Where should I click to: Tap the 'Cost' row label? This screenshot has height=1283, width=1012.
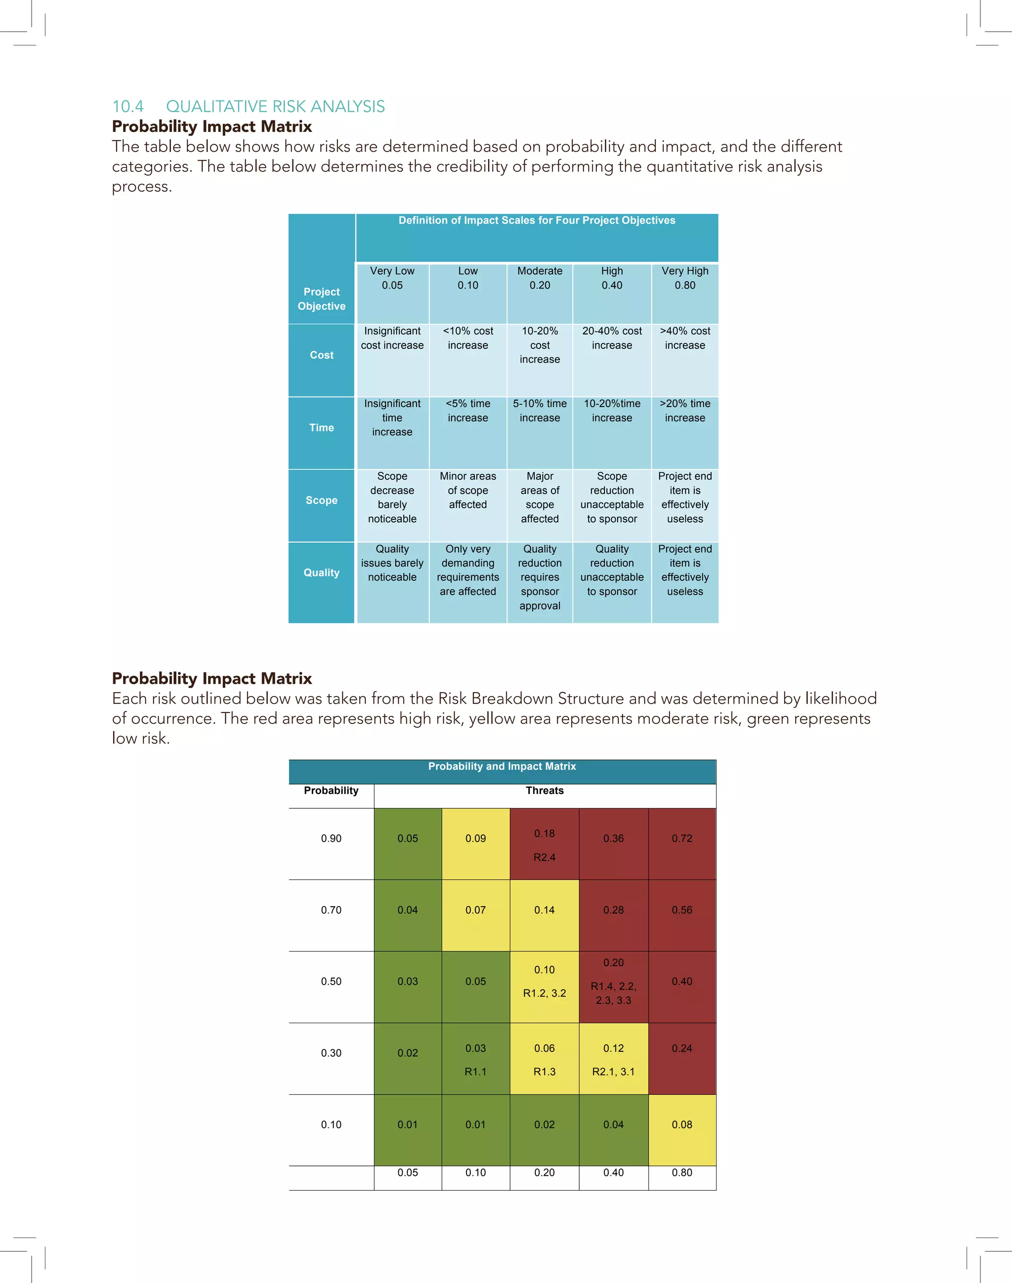pos(321,355)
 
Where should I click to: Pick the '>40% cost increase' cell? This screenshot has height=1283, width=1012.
pos(685,338)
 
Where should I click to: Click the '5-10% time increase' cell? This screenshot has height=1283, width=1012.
pos(540,411)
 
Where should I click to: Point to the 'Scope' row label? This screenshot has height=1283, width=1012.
pos(321,500)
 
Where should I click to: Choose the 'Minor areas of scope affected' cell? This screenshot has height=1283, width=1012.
pos(467,491)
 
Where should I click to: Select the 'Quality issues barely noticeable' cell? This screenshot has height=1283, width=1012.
pos(392,563)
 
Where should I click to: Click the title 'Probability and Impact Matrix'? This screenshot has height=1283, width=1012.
pos(502,766)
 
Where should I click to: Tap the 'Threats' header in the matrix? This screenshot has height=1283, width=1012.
pos(545,791)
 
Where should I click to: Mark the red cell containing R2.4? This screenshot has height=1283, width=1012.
pos(545,845)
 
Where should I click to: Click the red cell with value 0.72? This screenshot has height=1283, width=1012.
pos(682,839)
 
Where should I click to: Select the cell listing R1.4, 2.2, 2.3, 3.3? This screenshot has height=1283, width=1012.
pos(613,987)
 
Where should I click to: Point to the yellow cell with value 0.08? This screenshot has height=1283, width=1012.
pos(682,1125)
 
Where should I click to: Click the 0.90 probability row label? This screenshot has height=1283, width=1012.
pos(331,839)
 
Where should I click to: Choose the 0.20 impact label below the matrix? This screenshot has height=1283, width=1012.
pos(545,1173)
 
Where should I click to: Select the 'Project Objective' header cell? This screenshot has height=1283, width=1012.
pos(321,299)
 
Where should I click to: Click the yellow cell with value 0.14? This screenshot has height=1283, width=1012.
pos(545,911)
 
